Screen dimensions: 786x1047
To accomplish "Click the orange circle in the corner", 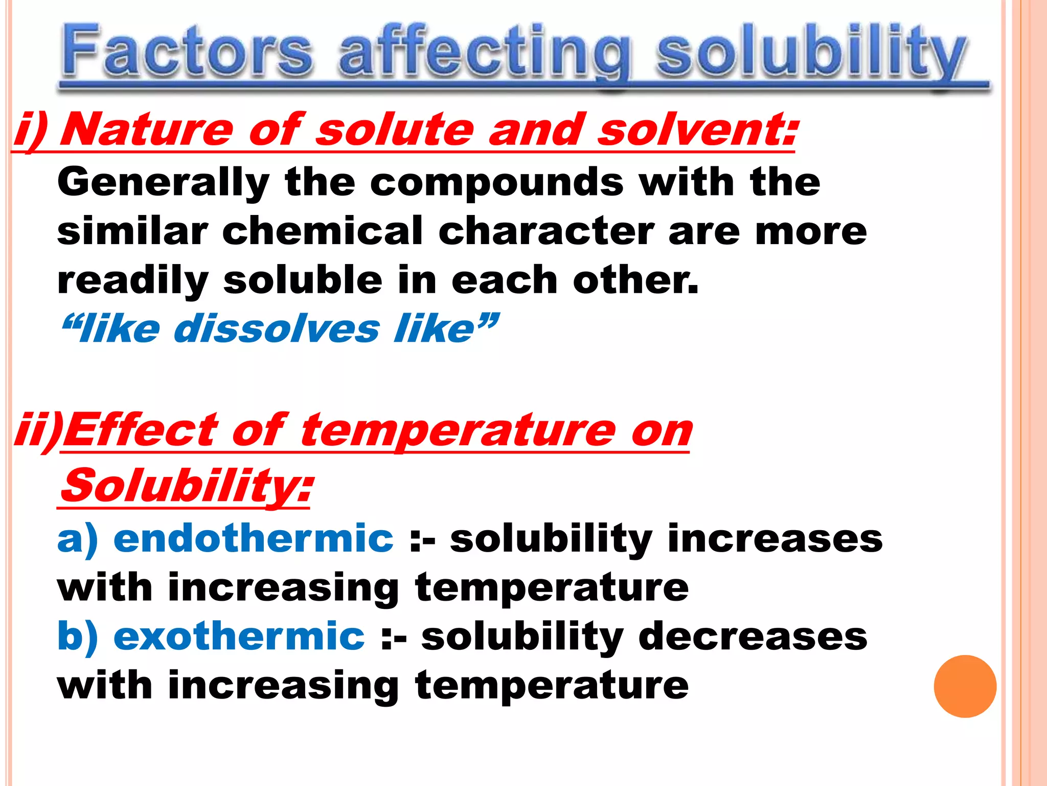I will pos(965,686).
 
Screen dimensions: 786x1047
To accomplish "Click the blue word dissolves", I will pos(277,329).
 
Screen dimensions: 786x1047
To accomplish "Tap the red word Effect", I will pos(141,431).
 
